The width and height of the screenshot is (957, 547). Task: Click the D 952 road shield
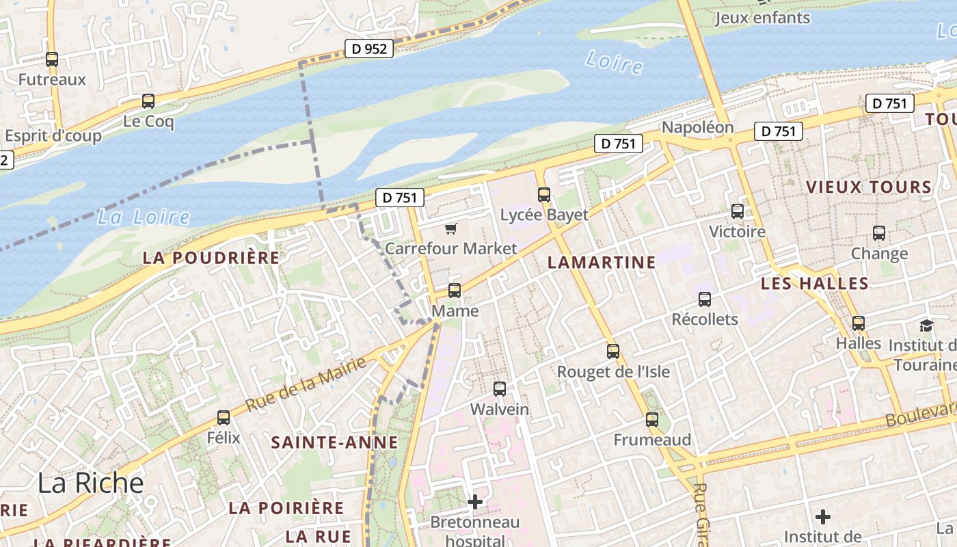click(x=368, y=49)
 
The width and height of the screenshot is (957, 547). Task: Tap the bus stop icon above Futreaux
click(x=52, y=59)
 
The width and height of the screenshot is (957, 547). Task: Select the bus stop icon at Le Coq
click(x=148, y=102)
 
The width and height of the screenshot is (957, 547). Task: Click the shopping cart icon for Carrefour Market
click(x=450, y=228)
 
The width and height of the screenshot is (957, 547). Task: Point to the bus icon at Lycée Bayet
click(x=544, y=195)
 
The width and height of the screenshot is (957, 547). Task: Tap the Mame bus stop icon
click(x=455, y=291)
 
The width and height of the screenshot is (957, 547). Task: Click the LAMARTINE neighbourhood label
click(x=602, y=262)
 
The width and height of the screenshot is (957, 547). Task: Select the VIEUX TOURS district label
click(x=868, y=187)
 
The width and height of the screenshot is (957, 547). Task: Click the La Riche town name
click(x=91, y=483)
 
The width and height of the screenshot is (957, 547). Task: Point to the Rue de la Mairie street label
click(x=306, y=384)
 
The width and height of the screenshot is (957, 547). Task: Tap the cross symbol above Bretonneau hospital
click(x=475, y=503)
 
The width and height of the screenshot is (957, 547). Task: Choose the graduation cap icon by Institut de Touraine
click(x=926, y=326)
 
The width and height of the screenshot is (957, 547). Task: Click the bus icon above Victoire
click(x=738, y=211)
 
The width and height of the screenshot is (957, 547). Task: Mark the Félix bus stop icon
click(x=224, y=418)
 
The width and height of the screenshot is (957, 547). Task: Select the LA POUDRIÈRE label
click(x=211, y=258)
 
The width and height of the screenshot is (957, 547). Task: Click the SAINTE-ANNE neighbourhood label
click(x=334, y=442)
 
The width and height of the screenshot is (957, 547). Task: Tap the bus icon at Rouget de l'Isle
click(x=613, y=351)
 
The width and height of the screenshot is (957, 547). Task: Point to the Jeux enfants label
click(x=762, y=18)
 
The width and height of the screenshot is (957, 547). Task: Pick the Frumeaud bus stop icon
click(x=652, y=420)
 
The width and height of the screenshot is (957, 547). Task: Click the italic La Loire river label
click(x=143, y=217)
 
